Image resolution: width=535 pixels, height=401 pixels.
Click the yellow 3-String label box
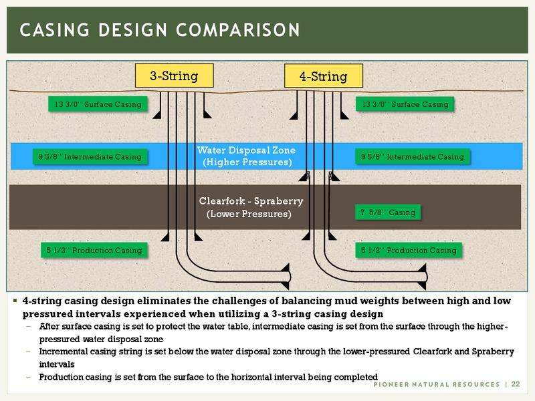coord(175,76)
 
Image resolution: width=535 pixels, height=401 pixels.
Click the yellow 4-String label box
coord(324,76)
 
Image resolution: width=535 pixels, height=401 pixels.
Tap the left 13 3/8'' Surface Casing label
coord(98,104)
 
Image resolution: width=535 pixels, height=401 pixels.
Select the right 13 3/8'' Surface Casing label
coord(405,104)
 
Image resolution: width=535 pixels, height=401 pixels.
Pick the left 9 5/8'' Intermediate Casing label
coord(90,156)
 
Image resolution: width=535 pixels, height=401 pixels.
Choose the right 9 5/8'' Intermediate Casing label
coord(413,156)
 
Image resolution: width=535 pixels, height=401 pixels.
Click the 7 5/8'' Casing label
coord(388,212)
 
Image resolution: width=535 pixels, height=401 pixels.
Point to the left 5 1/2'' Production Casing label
coord(94,250)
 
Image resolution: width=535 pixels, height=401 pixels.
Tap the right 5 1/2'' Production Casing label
coord(409,250)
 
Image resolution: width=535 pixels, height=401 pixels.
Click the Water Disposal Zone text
coord(246,150)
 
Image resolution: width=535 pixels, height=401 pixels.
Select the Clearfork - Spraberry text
coord(251,201)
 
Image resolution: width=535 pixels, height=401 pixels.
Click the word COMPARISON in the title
coord(238,29)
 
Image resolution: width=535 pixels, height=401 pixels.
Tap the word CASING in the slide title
coord(55,29)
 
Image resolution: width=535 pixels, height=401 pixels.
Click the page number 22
coord(516,384)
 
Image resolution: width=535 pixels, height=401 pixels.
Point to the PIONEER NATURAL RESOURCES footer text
coord(437,384)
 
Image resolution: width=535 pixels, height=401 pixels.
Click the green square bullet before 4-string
coord(15,300)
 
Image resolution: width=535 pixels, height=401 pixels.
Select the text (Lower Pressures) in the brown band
coord(249,214)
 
